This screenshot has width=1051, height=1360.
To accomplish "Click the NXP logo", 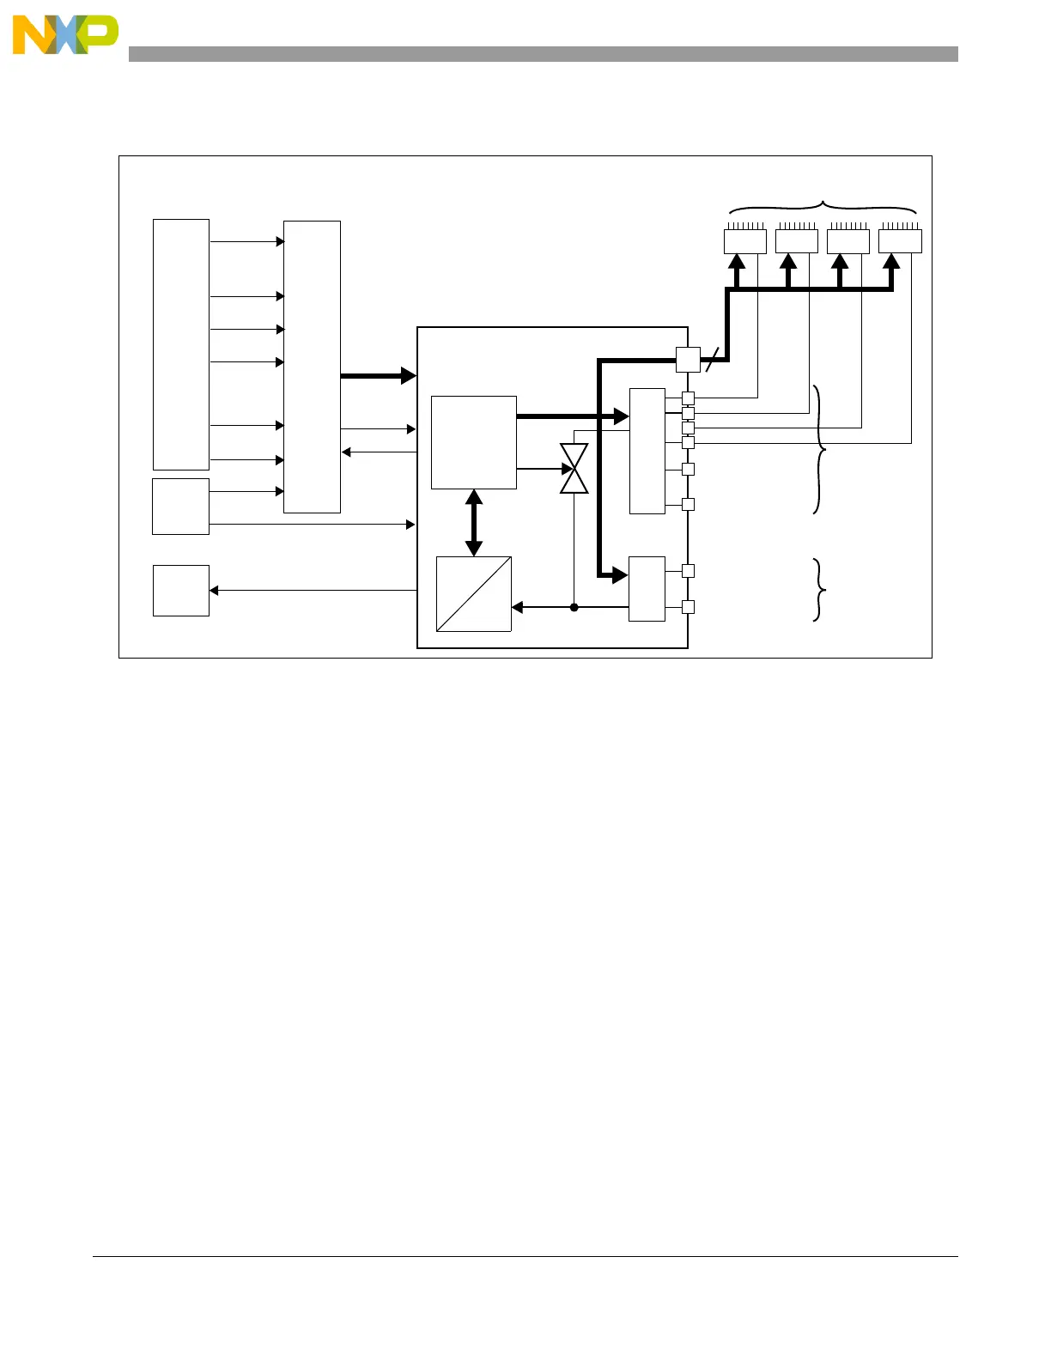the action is tap(65, 35).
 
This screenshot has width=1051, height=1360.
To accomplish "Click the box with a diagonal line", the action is tap(473, 593).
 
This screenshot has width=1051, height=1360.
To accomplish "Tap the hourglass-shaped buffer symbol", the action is tap(574, 469).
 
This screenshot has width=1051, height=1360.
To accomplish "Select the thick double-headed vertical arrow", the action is tap(473, 522).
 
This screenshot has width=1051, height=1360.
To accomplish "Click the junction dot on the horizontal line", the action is tap(574, 607).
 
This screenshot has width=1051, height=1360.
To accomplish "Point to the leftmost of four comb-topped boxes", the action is tap(744, 239).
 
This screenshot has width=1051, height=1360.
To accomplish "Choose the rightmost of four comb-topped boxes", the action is tap(899, 239).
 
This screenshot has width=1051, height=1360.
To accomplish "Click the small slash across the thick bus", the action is tap(711, 361).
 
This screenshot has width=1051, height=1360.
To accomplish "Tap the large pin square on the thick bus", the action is tap(688, 360).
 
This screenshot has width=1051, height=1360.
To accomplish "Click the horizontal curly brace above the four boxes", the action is tap(823, 207).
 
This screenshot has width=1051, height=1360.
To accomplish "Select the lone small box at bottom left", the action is tap(180, 590).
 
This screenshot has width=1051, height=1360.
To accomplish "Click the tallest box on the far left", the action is tap(180, 343).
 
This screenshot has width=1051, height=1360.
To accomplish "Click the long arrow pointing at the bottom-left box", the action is tap(313, 590).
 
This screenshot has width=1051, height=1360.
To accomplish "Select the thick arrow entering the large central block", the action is tap(378, 375).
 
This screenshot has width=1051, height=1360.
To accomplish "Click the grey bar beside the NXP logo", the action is tap(543, 54).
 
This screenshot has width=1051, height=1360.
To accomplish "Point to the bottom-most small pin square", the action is tap(688, 607).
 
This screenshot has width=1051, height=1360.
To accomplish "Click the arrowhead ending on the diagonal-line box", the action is tap(517, 607).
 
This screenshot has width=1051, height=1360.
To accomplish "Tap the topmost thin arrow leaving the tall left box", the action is tap(246, 241).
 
